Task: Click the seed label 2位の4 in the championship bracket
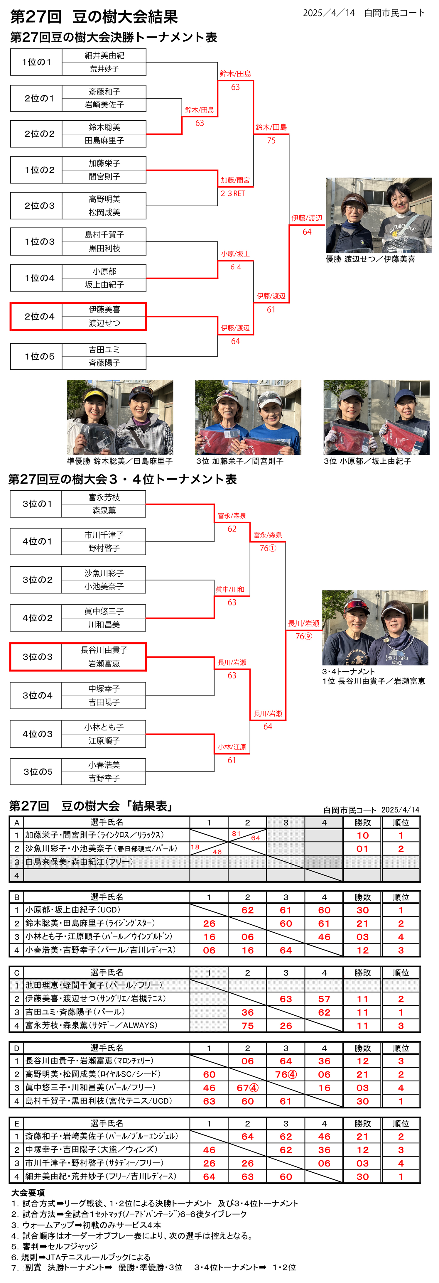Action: [39, 316]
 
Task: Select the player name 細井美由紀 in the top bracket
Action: [104, 55]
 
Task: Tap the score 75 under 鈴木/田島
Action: [271, 141]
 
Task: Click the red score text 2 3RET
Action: [233, 193]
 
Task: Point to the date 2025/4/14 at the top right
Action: [329, 13]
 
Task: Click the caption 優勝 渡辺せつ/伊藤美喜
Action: [370, 259]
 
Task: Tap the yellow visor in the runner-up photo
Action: [95, 395]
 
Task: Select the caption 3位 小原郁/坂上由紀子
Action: [367, 461]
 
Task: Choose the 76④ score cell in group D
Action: [286, 1074]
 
